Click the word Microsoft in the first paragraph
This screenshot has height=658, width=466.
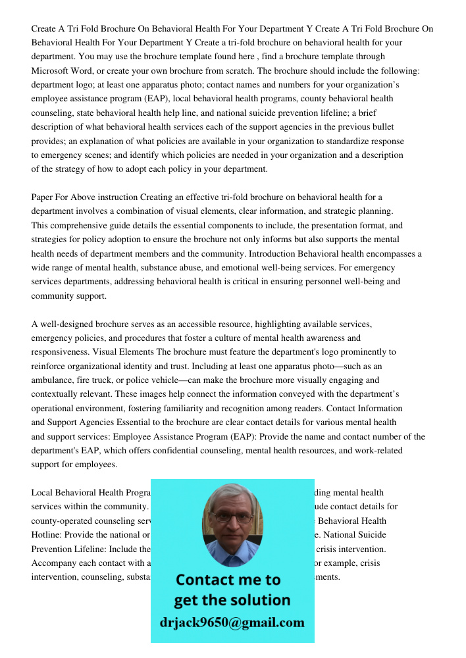51,71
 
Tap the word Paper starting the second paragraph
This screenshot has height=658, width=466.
43,197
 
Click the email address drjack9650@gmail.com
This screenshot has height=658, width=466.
232,622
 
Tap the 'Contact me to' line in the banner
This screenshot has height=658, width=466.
228,580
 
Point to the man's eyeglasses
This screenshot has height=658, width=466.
232,518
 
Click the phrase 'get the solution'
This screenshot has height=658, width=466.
232,600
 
